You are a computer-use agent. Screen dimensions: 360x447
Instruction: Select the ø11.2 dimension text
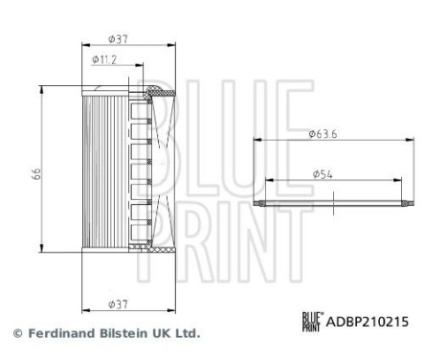[104, 59]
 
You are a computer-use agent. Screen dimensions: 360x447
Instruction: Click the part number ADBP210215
[369, 323]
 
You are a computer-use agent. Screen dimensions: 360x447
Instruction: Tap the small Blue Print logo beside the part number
[312, 323]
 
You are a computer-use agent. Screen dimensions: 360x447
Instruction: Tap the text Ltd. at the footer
[189, 334]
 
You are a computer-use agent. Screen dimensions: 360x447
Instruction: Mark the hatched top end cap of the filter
[158, 92]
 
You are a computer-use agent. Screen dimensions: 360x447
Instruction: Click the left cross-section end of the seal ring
[257, 204]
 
